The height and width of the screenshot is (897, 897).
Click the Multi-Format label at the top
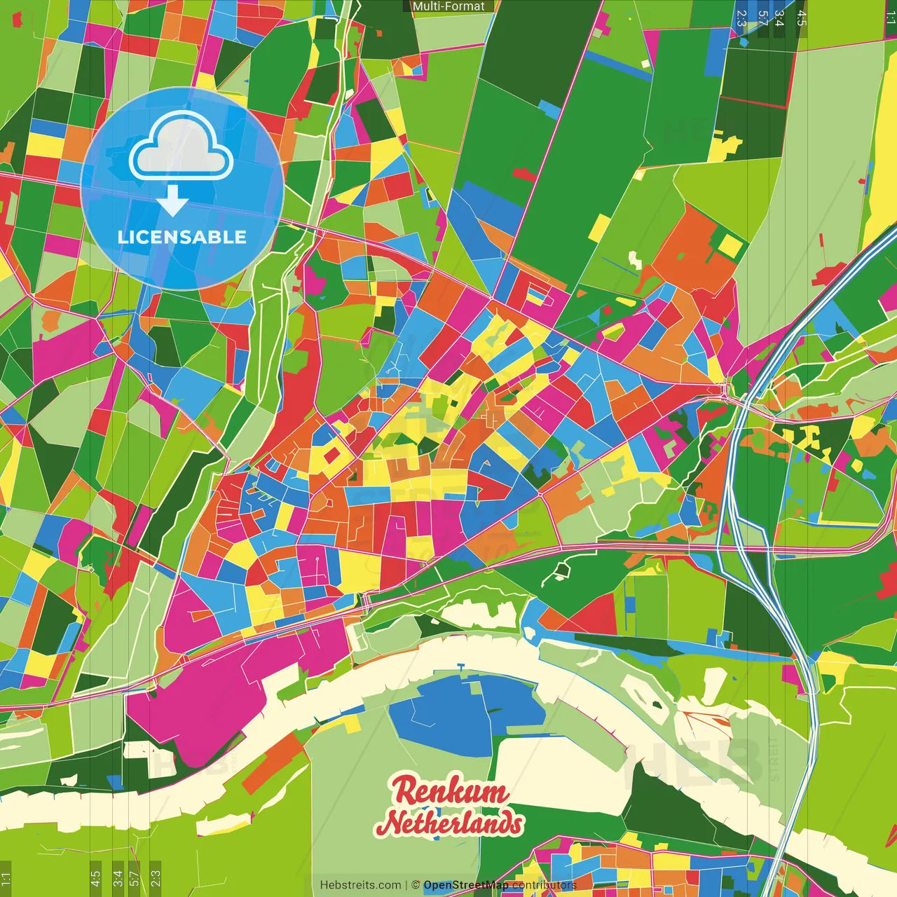point(448,6)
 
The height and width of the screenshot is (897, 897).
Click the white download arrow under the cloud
point(172,202)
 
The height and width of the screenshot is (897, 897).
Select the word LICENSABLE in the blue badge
point(182,237)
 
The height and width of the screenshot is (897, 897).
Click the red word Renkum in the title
point(450,792)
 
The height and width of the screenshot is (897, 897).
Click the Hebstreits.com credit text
point(360,885)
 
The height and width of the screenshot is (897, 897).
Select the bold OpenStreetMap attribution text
point(465,885)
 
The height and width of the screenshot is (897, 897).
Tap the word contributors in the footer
point(544,885)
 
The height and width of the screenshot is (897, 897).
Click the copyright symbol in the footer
point(416,885)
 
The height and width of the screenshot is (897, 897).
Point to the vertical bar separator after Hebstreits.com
point(406,885)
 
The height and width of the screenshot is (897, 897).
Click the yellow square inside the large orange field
point(731,244)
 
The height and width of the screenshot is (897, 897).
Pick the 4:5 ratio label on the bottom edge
point(95,878)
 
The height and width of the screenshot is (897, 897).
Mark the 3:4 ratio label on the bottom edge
point(117,878)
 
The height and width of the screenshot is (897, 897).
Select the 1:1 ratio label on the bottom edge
point(6,878)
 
